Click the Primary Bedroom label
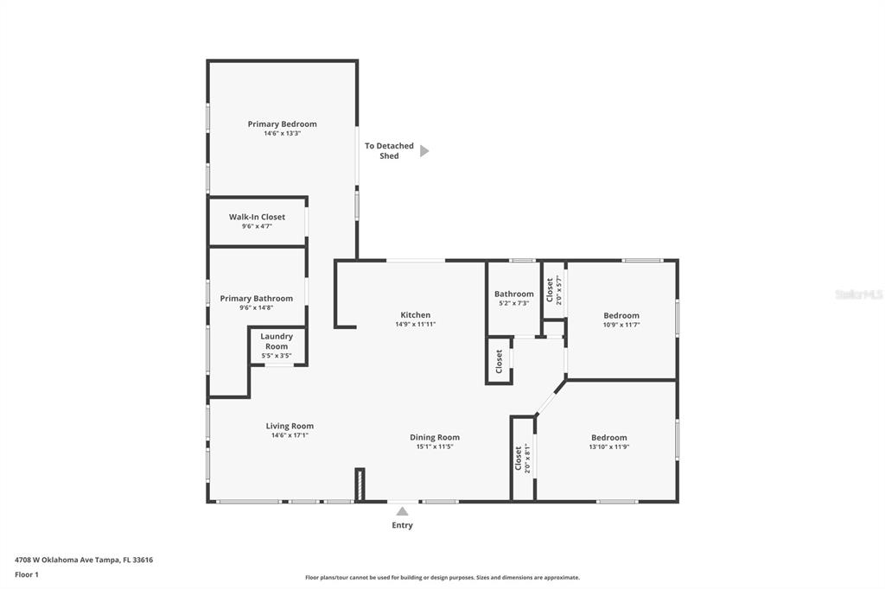click(283, 124)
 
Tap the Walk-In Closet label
click(257, 217)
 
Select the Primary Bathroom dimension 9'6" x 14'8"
click(256, 307)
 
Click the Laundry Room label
click(277, 341)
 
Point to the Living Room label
click(290, 426)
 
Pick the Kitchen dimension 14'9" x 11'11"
click(416, 325)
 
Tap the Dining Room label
click(435, 437)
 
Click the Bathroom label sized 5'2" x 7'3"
click(513, 294)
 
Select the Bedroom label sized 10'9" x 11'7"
click(621, 315)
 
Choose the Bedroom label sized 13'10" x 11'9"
click(609, 437)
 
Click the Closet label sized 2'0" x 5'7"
click(549, 290)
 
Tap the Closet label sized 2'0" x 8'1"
click(518, 458)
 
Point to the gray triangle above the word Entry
click(402, 511)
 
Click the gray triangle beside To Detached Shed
click(424, 150)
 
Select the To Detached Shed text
click(389, 150)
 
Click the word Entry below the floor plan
click(403, 525)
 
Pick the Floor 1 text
click(27, 575)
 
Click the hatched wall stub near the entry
click(360, 484)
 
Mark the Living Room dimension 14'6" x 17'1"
click(290, 435)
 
